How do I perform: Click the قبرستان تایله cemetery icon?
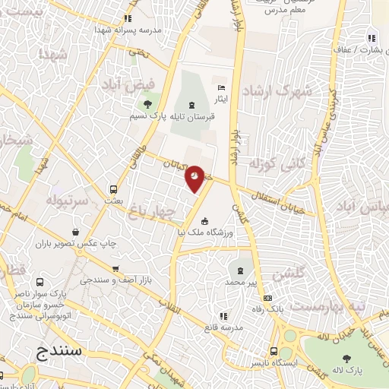[191, 104]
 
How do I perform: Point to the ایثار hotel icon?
[221, 87]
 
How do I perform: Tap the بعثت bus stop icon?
[113, 189]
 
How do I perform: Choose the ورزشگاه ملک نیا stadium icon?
[204, 220]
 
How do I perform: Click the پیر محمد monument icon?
[241, 270]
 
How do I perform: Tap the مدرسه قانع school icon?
[223, 316]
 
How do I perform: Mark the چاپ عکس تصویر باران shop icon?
[75, 232]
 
